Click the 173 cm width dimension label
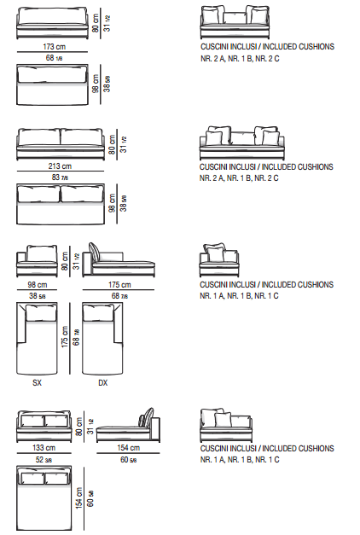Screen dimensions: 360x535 tap(54, 46)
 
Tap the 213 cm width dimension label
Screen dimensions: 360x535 tap(60, 166)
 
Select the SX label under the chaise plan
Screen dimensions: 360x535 tap(37, 383)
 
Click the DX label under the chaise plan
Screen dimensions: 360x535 tap(102, 383)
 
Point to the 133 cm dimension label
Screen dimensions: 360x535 tap(44, 448)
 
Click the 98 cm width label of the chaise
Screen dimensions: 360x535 tap(38, 284)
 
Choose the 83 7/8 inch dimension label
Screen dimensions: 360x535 tap(60, 177)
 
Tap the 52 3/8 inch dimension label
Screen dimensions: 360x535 tap(44, 460)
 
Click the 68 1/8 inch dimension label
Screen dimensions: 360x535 tap(54, 58)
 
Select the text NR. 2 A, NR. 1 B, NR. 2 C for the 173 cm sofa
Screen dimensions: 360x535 tap(240, 59)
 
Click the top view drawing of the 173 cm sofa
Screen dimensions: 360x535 tap(52, 84)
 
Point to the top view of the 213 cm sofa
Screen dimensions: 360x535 tap(61, 204)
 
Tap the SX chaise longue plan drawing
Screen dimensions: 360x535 tap(37, 338)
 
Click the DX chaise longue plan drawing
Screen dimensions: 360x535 tap(102, 338)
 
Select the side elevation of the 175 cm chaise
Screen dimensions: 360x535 tap(119, 260)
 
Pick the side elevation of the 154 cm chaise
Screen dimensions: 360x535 tap(128, 425)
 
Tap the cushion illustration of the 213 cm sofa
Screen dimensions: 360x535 tap(242, 143)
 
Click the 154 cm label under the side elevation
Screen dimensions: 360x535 tap(128, 448)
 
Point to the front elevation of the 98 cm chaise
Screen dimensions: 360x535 tap(37, 261)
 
